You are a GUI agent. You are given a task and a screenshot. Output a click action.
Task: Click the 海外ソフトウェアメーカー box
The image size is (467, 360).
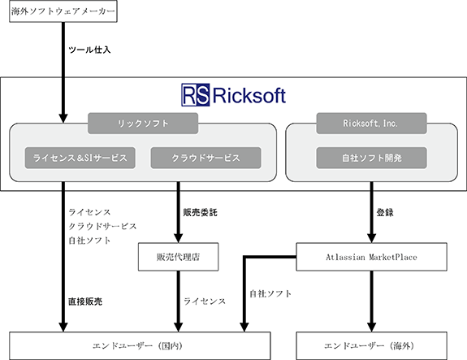[x=63, y=11]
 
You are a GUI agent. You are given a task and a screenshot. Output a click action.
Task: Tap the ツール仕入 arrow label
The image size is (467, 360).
[x=89, y=50]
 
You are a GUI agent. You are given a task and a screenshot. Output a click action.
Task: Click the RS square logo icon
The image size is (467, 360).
[x=196, y=95]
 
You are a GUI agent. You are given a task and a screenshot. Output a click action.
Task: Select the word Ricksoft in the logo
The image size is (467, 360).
[x=249, y=96]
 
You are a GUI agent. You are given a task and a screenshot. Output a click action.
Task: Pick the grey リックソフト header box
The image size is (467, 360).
[x=143, y=123]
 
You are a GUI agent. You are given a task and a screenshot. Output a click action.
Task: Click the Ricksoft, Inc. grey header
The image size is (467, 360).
[x=371, y=123]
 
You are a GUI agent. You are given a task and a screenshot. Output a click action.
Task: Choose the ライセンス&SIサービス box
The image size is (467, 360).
[x=80, y=158]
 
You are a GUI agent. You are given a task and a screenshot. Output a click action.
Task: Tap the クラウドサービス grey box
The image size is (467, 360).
[x=206, y=158]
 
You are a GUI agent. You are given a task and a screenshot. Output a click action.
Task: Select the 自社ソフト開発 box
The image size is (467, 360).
[x=371, y=158]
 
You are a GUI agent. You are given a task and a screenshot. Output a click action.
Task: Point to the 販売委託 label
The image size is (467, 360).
[x=200, y=212]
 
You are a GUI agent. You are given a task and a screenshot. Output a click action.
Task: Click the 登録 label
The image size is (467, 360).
[x=385, y=212]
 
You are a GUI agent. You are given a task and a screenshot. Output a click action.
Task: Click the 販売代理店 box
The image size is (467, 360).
[x=178, y=257]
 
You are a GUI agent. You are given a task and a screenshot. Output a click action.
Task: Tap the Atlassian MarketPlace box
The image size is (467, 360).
[x=371, y=257]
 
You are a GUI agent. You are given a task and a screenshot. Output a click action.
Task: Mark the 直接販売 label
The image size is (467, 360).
[x=85, y=301]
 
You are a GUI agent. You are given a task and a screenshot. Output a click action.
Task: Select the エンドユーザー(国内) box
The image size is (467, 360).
[x=140, y=345]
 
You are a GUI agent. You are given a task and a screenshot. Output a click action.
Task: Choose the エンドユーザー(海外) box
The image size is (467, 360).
[x=371, y=345]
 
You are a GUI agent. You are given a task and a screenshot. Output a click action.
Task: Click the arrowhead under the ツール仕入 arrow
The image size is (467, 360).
[x=63, y=118]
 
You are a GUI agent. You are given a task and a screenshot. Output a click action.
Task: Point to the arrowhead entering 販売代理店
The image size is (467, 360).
[x=178, y=238]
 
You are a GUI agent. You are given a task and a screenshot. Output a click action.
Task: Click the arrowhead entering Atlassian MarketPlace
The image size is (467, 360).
[x=371, y=238]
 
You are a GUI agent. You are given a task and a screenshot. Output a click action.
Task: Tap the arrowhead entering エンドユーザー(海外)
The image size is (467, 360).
[x=371, y=327]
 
